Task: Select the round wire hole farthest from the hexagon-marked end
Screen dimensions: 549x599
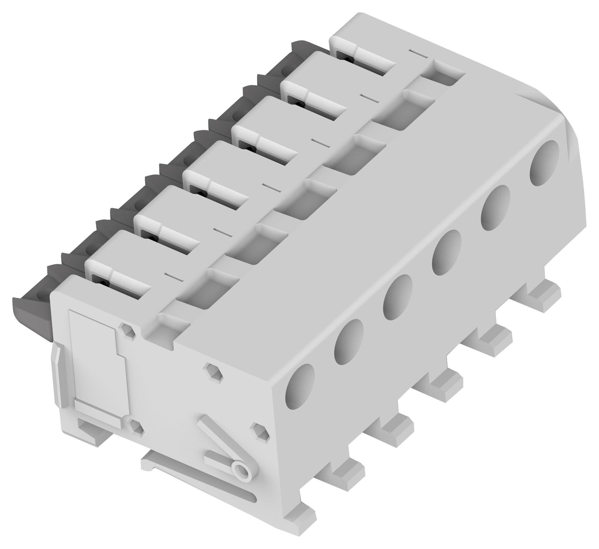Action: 544,163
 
